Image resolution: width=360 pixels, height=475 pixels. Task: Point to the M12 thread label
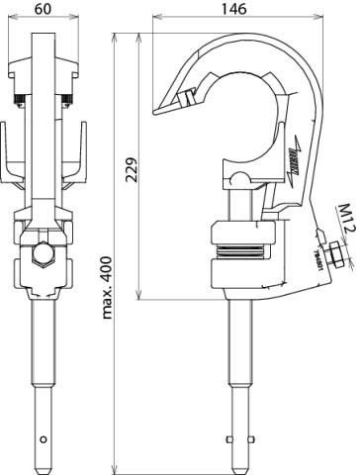(x=345, y=215)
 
